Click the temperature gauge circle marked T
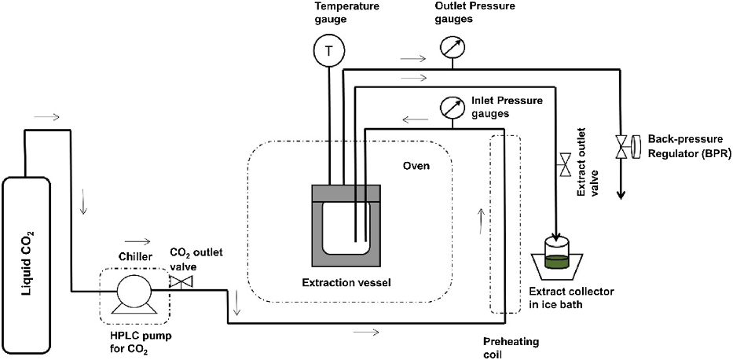tap(328, 53)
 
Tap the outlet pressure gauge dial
tap(451, 48)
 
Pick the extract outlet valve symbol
tap(564, 166)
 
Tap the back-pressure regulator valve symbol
tap(621, 147)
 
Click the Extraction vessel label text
tap(346, 281)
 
